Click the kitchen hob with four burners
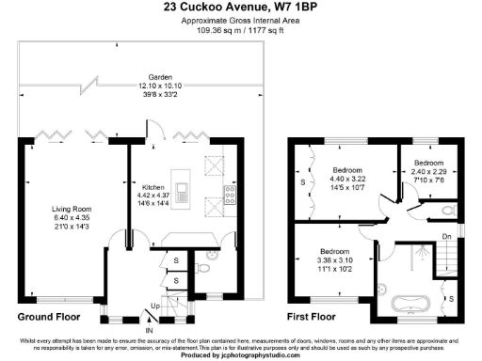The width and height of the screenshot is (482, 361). [229, 196]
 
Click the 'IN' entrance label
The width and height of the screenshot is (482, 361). [149, 331]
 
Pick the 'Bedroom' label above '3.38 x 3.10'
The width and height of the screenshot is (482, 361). [335, 252]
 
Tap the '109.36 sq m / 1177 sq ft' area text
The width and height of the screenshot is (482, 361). [240, 28]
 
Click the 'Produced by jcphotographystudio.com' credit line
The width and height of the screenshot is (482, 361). [240, 354]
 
